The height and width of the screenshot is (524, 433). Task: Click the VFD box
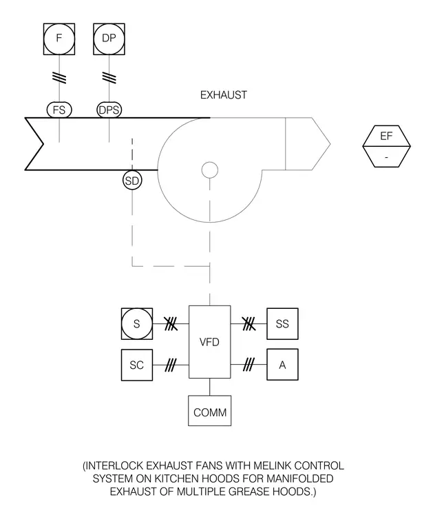point(209,342)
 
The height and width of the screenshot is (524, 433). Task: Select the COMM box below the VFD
point(209,411)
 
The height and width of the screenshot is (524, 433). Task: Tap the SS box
point(282,324)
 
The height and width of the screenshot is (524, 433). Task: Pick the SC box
point(137,365)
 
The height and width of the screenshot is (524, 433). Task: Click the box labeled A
point(282,365)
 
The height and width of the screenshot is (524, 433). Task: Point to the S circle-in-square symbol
point(137,324)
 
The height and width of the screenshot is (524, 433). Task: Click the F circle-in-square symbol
point(59,39)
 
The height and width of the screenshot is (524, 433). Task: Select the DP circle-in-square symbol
point(109,39)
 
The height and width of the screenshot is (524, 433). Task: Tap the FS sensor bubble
point(59,110)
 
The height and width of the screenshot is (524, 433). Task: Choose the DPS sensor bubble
point(109,110)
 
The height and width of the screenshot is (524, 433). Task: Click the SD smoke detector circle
point(132,181)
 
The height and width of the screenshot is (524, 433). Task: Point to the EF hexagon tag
point(386,146)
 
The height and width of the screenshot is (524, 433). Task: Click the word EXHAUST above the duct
point(224,95)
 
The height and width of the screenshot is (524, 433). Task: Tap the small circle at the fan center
point(210,170)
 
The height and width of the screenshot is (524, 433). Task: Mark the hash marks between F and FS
point(59,77)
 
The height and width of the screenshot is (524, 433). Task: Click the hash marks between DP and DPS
point(109,77)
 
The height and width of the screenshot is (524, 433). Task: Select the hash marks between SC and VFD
point(170,365)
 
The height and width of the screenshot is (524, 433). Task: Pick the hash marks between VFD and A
point(249,365)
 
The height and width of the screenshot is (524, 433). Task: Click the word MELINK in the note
point(272,465)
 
